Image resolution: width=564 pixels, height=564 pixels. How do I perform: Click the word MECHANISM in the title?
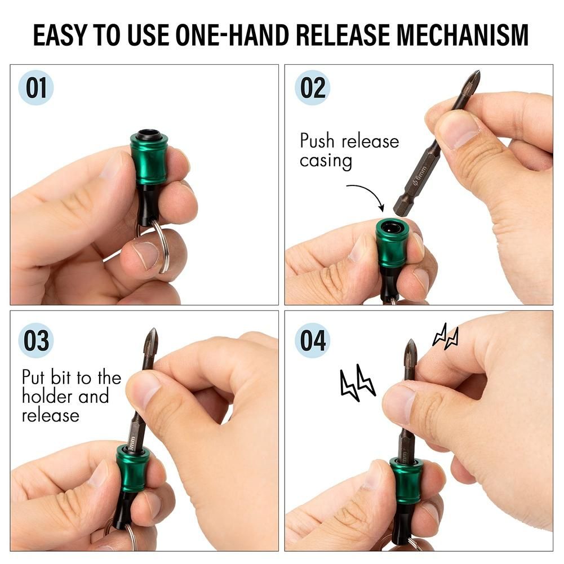point(462,35)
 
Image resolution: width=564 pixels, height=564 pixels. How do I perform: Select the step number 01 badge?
point(36,88)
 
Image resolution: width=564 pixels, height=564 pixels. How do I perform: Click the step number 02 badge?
point(313,88)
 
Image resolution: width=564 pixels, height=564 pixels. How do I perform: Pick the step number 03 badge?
point(36,340)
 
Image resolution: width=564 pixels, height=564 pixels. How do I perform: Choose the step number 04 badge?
point(313,340)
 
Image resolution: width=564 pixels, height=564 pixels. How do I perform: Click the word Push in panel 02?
point(317,141)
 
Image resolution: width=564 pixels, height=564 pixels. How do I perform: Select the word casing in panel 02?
point(326,161)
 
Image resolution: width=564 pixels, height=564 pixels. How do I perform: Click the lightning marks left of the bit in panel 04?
point(358,383)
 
